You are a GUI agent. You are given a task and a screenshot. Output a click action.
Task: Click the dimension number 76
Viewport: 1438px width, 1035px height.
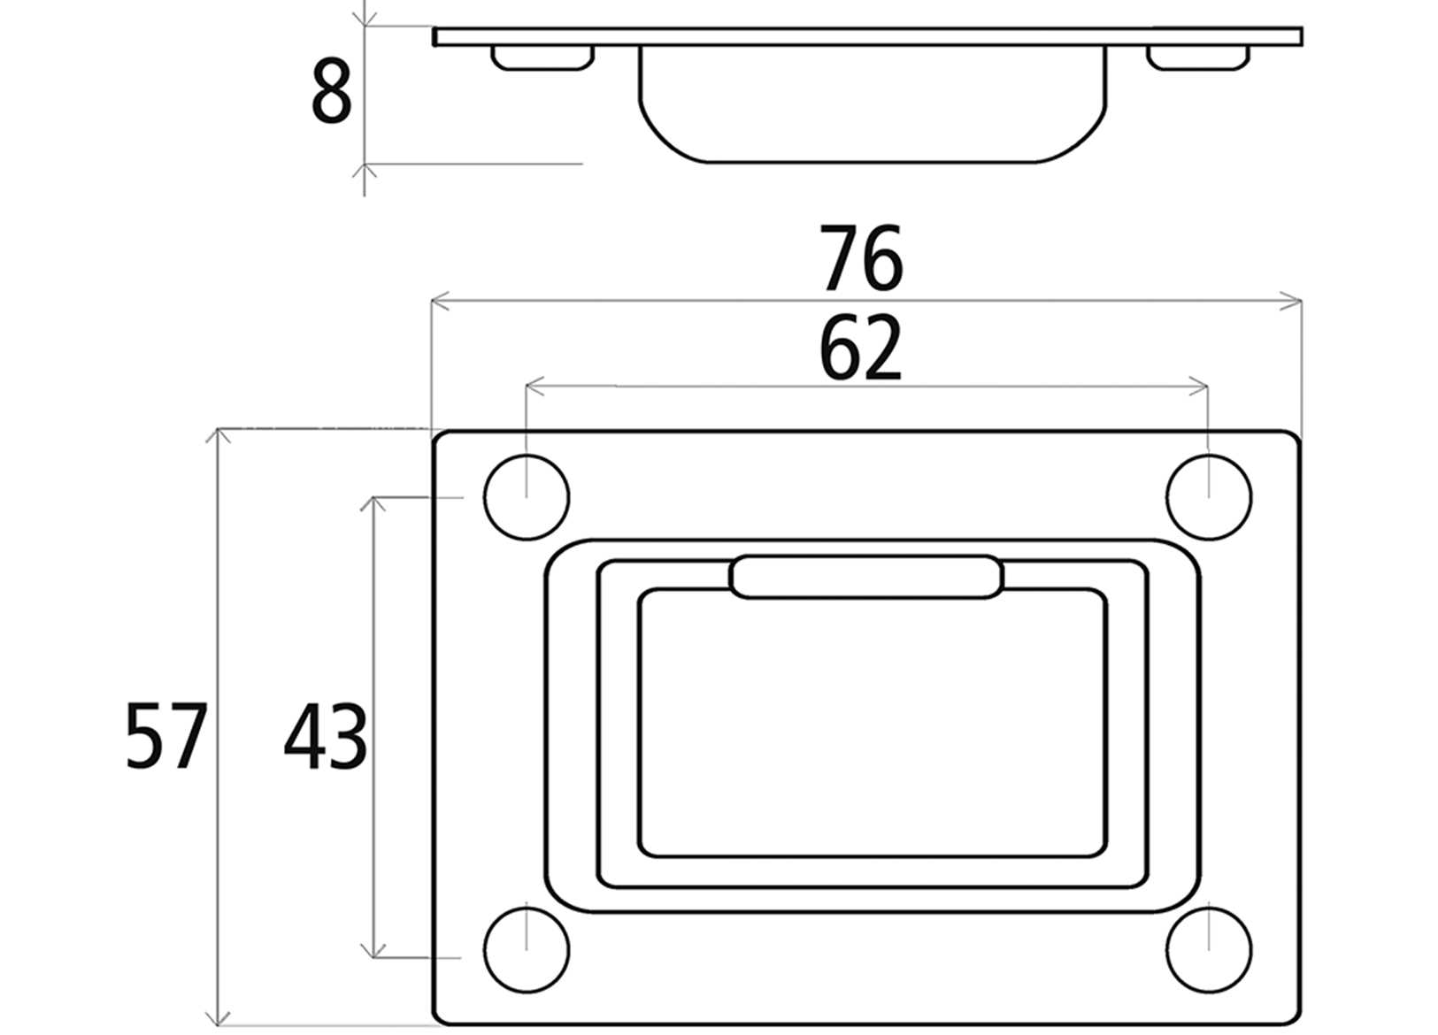coord(860,258)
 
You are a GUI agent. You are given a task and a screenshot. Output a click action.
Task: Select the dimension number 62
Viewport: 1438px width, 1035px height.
coord(860,349)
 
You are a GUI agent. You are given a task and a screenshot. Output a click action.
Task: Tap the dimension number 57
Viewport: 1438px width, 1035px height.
coord(165,734)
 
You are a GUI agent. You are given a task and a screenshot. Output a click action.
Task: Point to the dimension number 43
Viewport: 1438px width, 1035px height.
coord(325,734)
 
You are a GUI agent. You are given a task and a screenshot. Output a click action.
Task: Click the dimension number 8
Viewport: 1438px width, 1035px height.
coord(332,93)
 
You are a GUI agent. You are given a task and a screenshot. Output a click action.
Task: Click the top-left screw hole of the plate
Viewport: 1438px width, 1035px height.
coord(527,497)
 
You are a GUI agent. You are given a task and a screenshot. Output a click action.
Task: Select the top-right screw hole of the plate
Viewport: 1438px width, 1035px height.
coord(1209,497)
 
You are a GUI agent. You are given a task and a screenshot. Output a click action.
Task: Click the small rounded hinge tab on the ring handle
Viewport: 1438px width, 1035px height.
coord(866,578)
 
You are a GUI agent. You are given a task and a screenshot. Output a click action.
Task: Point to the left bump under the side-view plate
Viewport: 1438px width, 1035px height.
coord(542,57)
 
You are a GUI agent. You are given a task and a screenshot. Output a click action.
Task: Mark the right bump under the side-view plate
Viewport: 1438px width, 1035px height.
coord(1198,57)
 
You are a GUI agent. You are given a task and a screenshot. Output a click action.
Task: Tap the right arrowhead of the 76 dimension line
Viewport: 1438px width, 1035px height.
coord(1294,303)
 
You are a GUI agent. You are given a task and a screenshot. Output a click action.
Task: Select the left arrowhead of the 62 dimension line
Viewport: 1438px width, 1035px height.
coord(534,387)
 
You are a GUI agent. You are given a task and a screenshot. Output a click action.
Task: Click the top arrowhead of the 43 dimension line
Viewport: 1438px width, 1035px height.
coord(374,504)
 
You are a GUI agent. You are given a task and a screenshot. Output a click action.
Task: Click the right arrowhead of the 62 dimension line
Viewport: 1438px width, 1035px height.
coord(1201,387)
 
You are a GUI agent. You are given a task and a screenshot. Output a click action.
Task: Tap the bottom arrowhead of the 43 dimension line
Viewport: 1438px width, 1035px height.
coord(374,950)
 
